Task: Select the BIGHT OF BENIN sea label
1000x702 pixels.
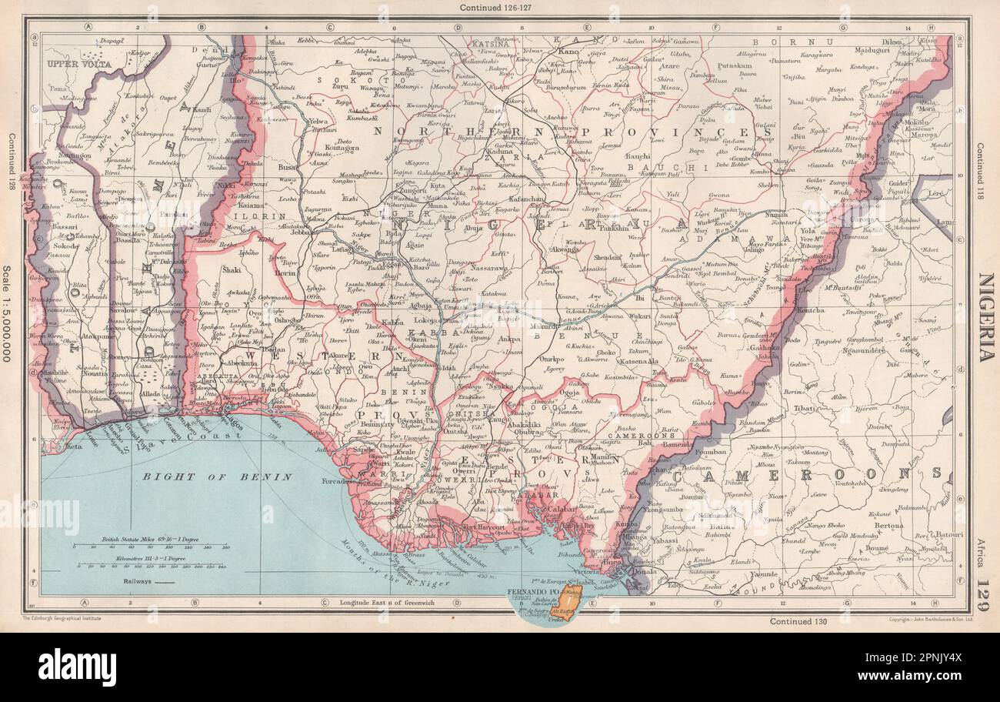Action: pos(217,476)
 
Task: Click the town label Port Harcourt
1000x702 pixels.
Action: pos(470,526)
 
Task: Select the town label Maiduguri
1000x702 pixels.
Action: pos(845,52)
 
